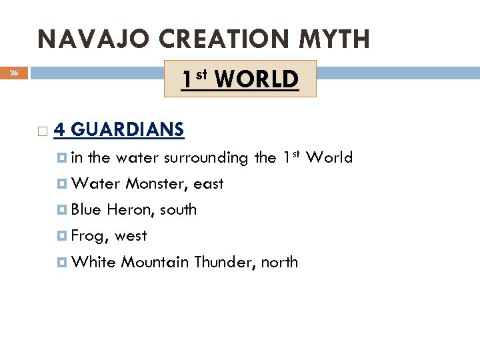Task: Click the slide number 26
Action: point(14,73)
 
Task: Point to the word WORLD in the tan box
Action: point(257,79)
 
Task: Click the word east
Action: point(209,184)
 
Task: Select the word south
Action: point(179,209)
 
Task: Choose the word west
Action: point(131,236)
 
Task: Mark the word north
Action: point(279,262)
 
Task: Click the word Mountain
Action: point(155,262)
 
